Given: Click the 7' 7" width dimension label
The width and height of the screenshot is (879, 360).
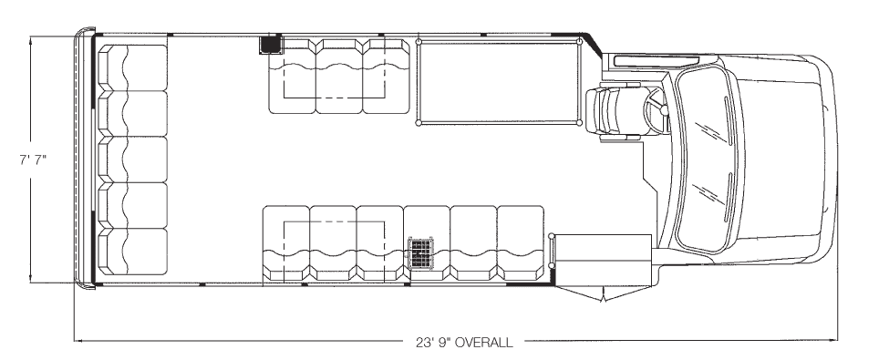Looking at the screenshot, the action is (32, 159).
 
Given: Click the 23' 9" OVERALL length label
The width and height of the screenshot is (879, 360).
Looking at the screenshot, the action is (464, 342).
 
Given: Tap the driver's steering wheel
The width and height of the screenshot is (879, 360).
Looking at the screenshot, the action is (657, 110).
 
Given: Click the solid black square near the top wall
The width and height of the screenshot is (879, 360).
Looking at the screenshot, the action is (271, 45).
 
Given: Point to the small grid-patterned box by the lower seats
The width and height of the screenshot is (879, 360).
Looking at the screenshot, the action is (421, 253).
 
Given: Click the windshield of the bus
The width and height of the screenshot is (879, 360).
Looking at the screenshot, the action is (708, 159).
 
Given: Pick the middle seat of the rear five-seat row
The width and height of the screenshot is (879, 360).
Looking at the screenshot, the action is (132, 159).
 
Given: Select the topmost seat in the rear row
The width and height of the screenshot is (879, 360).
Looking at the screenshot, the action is (132, 67).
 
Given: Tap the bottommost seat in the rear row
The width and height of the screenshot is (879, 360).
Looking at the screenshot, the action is (132, 252).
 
